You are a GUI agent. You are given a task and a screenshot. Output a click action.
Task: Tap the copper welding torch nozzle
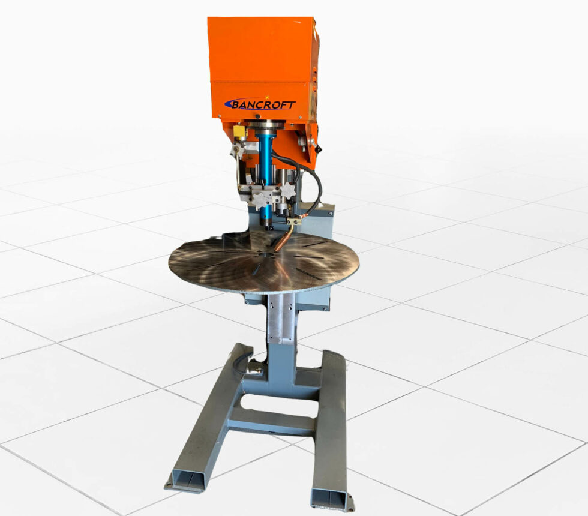coord(280,244)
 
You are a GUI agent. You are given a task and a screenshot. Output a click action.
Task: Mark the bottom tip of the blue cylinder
coord(265,227)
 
